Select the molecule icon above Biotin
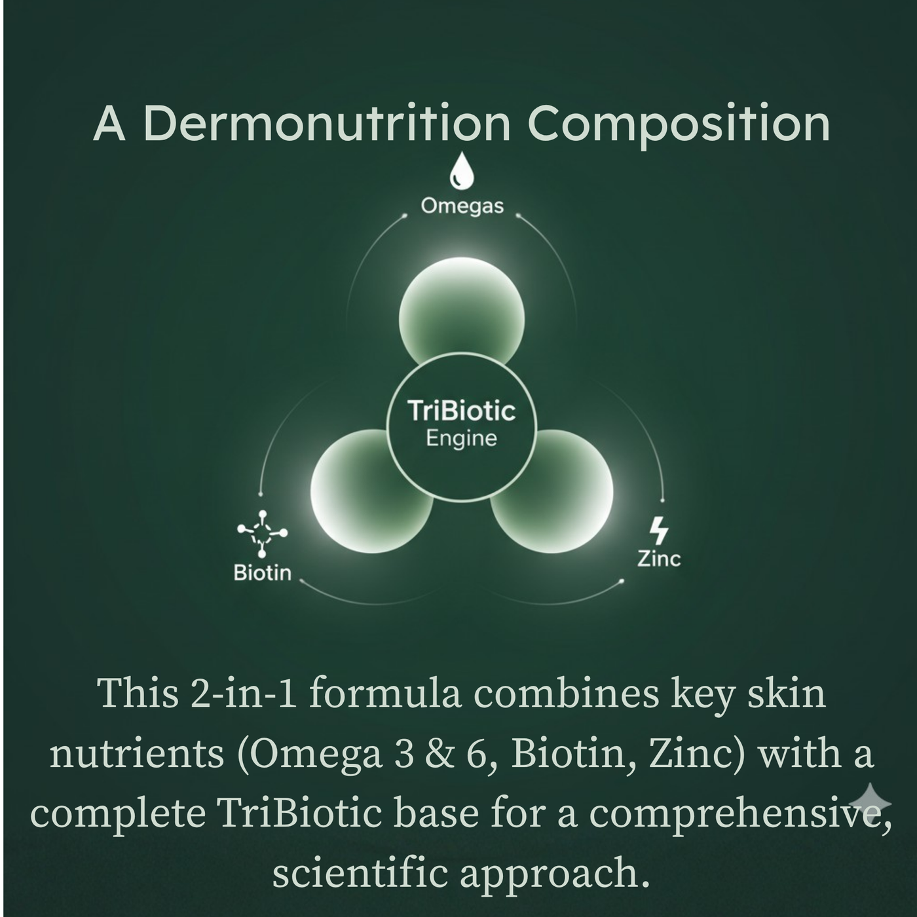pos(262,533)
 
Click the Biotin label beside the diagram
pos(262,573)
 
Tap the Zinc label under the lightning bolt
pos(659,558)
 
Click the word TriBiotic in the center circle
pos(462,411)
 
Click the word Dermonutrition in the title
pos(326,124)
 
